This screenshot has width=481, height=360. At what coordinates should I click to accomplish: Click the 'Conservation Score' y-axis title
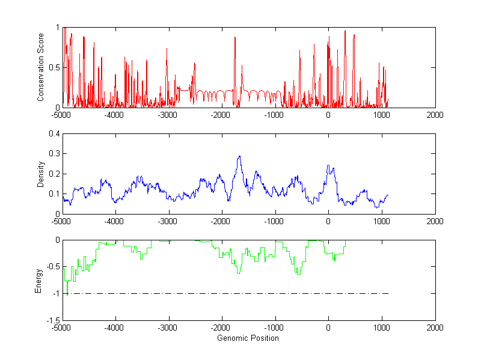pyautogui.click(x=41, y=67)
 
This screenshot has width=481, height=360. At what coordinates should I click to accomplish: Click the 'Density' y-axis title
pyautogui.click(x=41, y=174)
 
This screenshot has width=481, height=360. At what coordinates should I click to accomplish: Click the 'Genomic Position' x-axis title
pyautogui.click(x=248, y=338)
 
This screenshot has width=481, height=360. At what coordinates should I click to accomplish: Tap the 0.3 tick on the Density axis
pyautogui.click(x=54, y=154)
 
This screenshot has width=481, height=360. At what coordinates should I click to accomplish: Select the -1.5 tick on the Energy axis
pyautogui.click(x=52, y=320)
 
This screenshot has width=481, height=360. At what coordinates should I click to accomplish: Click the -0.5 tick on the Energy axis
pyautogui.click(x=52, y=267)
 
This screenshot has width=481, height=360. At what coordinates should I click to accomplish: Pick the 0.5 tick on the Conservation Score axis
pyautogui.click(x=54, y=67)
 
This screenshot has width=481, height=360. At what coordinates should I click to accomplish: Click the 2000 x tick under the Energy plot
pyautogui.click(x=435, y=328)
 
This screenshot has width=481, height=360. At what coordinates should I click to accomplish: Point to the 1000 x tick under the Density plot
pyautogui.click(x=382, y=221)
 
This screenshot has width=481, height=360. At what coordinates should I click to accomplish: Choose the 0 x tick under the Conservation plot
pyautogui.click(x=328, y=115)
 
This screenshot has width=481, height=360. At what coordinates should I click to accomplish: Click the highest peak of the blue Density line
pyautogui.click(x=239, y=156)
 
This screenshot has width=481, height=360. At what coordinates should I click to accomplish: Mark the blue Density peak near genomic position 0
pyautogui.click(x=328, y=165)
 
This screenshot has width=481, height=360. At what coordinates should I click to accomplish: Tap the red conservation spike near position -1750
pyautogui.click(x=234, y=37)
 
